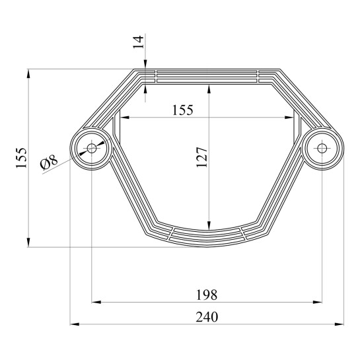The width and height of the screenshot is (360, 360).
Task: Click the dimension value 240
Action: (x=207, y=317)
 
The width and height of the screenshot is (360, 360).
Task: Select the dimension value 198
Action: (x=207, y=295)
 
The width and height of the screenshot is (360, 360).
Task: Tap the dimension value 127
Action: (x=202, y=157)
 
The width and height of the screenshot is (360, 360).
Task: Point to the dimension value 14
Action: (x=138, y=42)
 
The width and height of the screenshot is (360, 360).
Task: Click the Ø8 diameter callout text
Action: (x=49, y=162)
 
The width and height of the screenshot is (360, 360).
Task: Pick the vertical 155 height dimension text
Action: (x=21, y=158)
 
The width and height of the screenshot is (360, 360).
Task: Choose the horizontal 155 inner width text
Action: (x=183, y=110)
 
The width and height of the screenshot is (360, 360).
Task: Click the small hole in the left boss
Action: (x=92, y=149)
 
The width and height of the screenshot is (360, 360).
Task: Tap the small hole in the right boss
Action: (x=322, y=149)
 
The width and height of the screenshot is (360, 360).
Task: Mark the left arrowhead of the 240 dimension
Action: (x=75, y=324)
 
